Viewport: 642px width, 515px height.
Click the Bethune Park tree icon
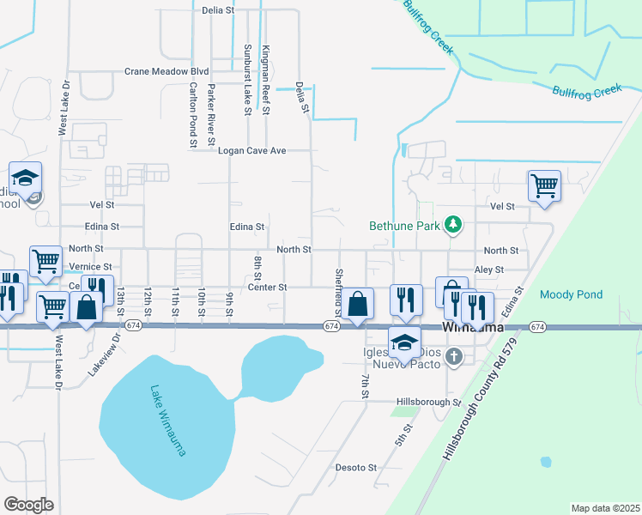pos(453,226)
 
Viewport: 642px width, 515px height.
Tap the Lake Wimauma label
pos(167,420)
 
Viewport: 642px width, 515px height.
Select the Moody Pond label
pos(571,294)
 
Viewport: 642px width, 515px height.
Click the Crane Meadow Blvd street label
pos(167,71)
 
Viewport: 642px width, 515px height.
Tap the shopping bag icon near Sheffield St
pos(360,302)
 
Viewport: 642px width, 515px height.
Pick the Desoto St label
pos(355,468)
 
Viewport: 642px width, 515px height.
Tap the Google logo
pos(28,504)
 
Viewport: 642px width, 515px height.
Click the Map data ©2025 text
pos(605,508)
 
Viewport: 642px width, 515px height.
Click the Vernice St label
pos(90,267)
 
